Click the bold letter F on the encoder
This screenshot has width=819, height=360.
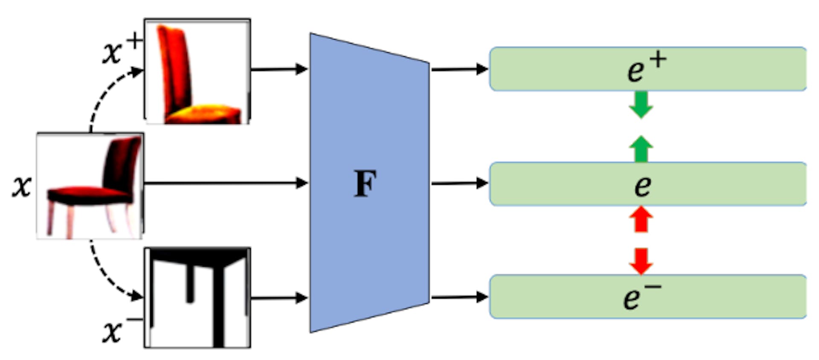point(366,183)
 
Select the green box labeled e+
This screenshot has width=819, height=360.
point(648,69)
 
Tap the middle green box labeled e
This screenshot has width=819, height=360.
point(648,184)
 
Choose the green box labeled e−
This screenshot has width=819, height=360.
point(648,296)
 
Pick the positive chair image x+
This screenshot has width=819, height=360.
point(197,71)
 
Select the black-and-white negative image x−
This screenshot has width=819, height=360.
point(197,297)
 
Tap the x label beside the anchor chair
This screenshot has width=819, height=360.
point(21,186)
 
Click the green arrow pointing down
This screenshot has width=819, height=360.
point(641,105)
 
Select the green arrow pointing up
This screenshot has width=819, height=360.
point(641,149)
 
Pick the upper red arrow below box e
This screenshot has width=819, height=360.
point(641,219)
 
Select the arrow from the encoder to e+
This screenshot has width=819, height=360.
point(459,69)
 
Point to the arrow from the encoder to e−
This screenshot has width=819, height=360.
point(459,297)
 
